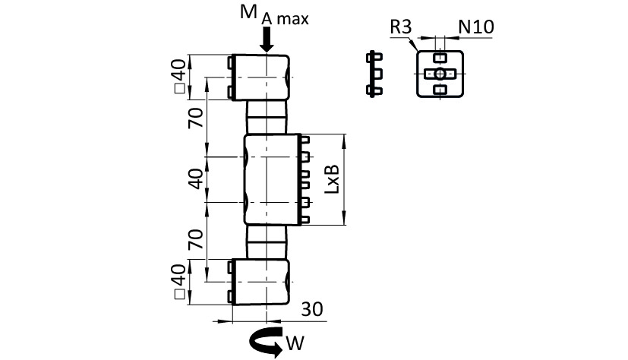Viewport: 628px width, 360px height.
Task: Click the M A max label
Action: tap(274, 14)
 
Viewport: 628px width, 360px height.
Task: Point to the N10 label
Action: tap(476, 28)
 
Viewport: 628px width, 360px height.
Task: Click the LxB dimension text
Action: tap(331, 179)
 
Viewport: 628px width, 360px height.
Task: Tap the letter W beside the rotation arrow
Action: tap(295, 344)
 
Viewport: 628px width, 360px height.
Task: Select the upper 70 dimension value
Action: tap(196, 117)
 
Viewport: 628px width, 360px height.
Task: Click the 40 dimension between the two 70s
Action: tap(196, 179)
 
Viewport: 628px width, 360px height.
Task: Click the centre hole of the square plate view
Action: tap(438, 74)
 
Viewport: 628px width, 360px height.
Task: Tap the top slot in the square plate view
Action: tap(438, 58)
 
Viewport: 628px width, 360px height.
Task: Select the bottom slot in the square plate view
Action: tap(438, 90)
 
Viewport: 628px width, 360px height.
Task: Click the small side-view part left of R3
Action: tap(372, 74)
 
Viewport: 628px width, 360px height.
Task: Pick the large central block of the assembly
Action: tap(269, 179)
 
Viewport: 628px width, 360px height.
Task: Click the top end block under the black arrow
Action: tap(260, 77)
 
